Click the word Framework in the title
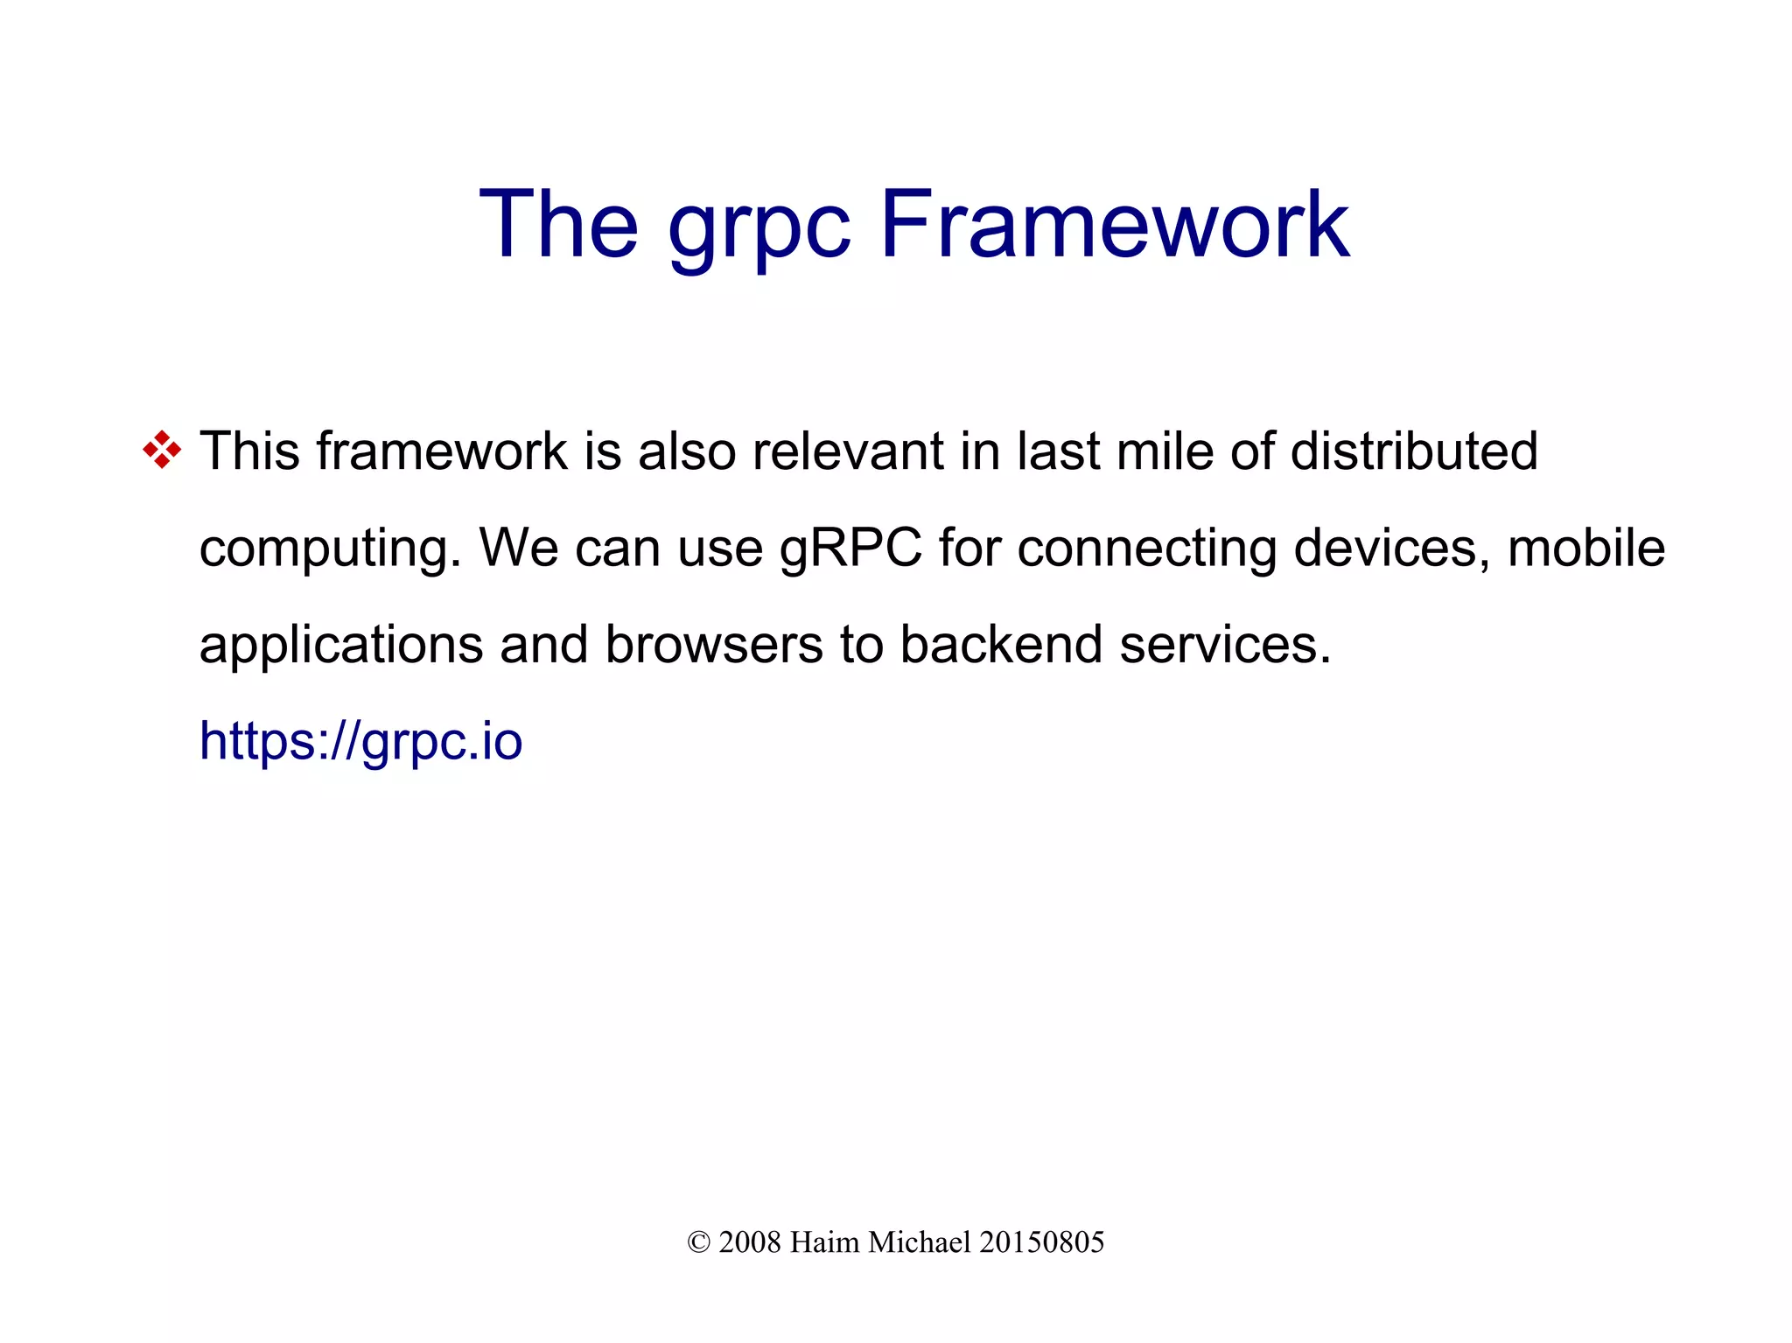[x=1114, y=225]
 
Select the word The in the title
[x=558, y=225]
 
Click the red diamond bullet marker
[x=162, y=451]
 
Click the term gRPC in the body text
[x=850, y=549]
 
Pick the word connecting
[x=1146, y=549]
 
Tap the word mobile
[x=1585, y=548]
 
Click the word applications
[x=341, y=646]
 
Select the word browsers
[x=714, y=645]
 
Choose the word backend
[x=1001, y=645]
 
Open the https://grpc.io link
[x=360, y=742]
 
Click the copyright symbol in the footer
[x=698, y=1242]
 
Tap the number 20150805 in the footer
[x=1041, y=1242]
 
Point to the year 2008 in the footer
[x=749, y=1242]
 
